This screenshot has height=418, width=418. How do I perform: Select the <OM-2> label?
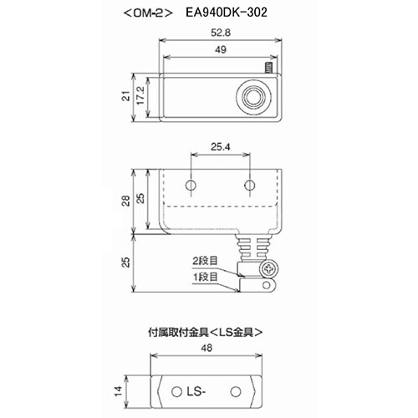tap(146, 14)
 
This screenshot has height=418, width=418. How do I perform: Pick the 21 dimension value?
tap(124, 99)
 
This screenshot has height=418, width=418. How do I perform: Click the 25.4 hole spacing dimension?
tap(219, 149)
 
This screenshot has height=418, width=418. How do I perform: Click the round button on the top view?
tap(252, 97)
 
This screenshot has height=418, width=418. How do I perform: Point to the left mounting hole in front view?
tap(191, 184)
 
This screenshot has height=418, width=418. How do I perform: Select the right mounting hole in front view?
tap(248, 184)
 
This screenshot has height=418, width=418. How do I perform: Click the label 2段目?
tap(205, 260)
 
